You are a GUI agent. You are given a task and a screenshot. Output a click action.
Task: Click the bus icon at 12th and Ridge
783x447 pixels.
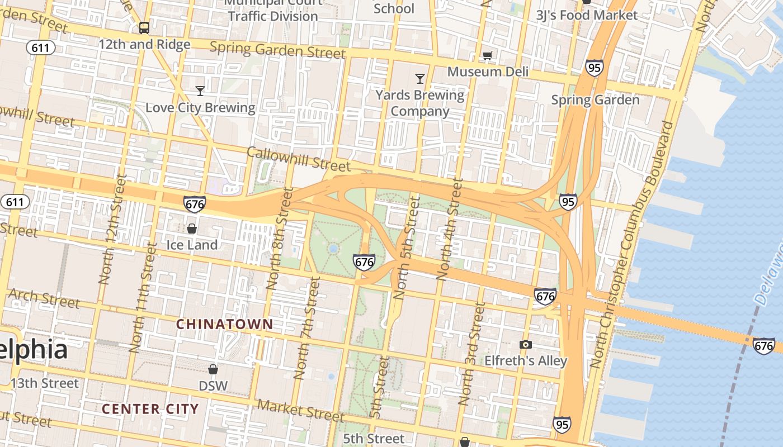(144, 27)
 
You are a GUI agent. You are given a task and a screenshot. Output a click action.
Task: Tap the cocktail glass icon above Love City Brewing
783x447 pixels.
(200, 91)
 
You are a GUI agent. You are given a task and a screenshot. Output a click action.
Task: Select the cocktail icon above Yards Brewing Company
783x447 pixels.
(420, 78)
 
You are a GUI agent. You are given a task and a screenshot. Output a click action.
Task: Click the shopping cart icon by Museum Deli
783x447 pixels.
(487, 55)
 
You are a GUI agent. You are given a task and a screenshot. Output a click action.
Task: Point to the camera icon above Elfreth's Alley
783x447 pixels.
(525, 344)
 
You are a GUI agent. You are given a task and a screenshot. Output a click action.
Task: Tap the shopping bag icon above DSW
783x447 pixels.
(213, 369)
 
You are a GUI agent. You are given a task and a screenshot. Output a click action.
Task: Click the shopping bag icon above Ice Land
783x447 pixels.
(192, 228)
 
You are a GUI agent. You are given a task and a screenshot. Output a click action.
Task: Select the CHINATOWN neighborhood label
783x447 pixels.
(225, 324)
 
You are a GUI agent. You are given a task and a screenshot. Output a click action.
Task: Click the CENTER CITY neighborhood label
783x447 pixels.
(150, 409)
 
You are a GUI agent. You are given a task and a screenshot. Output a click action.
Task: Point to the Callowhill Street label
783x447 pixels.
(299, 159)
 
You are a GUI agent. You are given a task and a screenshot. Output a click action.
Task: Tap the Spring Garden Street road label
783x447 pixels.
(277, 50)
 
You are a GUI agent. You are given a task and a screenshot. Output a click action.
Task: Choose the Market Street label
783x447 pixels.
(301, 411)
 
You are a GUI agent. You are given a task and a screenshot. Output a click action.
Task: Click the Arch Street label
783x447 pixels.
(44, 298)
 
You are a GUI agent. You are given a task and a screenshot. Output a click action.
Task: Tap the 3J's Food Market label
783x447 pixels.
(587, 15)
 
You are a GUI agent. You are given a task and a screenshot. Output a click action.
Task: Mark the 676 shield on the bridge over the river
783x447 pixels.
(763, 346)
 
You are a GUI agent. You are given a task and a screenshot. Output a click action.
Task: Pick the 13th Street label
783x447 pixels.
(45, 383)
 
